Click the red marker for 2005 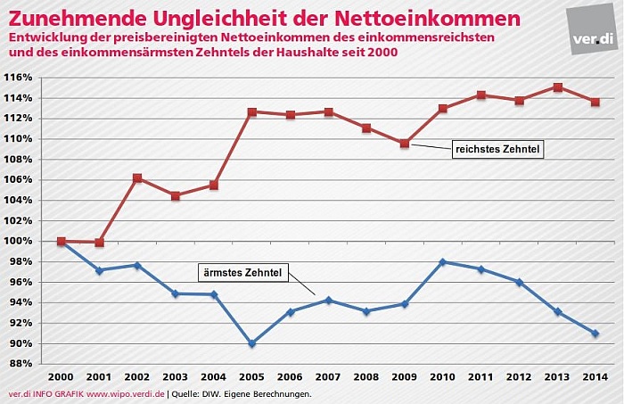tap(252, 112)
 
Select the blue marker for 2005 tap(252, 343)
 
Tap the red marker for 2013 tap(557, 87)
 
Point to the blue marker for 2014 tap(595, 334)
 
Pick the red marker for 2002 tap(137, 178)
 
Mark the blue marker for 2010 tap(443, 262)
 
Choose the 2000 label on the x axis tap(61, 376)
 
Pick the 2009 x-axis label tap(405, 376)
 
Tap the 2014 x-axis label tap(595, 376)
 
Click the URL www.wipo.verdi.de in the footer tap(124, 393)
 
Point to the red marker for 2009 tap(405, 143)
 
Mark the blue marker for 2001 tap(99, 270)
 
